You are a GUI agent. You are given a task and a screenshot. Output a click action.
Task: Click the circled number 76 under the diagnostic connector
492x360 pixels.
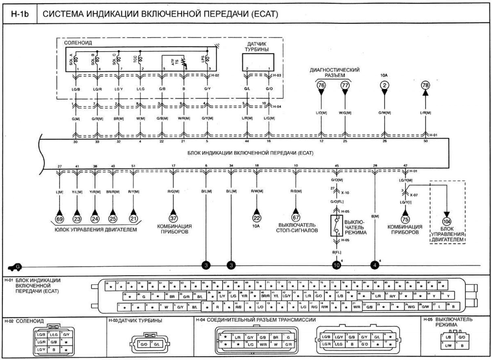321,85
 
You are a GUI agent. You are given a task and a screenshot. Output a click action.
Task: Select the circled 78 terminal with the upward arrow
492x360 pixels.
425,85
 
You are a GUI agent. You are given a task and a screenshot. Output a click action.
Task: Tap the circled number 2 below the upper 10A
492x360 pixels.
384,85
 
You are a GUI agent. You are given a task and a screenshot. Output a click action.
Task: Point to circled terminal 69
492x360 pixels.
60,219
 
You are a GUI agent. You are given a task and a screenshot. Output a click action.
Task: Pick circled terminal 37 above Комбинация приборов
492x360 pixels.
173,218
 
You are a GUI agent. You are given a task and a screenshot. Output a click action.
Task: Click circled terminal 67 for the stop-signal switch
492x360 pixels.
296,217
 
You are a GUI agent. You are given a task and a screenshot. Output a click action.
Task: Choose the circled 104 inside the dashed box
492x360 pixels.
446,222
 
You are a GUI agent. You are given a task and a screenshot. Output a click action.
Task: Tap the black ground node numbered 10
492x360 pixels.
337,265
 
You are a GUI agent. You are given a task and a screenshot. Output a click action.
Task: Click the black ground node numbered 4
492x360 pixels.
375,265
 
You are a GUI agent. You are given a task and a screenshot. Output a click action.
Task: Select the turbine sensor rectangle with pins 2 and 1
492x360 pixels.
258,62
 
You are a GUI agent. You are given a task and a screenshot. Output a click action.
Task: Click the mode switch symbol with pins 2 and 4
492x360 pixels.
337,226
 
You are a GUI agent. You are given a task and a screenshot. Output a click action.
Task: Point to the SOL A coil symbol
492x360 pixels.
76,60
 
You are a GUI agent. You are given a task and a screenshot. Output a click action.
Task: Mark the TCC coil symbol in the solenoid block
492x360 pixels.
140,60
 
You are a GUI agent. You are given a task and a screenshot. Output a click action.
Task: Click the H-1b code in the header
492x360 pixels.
20,14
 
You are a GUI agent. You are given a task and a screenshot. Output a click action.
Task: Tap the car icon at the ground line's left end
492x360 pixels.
14,267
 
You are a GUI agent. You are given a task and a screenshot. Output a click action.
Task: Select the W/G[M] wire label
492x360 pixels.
345,113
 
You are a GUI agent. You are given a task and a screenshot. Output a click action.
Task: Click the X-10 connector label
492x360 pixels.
345,193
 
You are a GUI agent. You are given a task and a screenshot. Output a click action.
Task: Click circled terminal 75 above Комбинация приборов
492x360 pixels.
405,219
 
